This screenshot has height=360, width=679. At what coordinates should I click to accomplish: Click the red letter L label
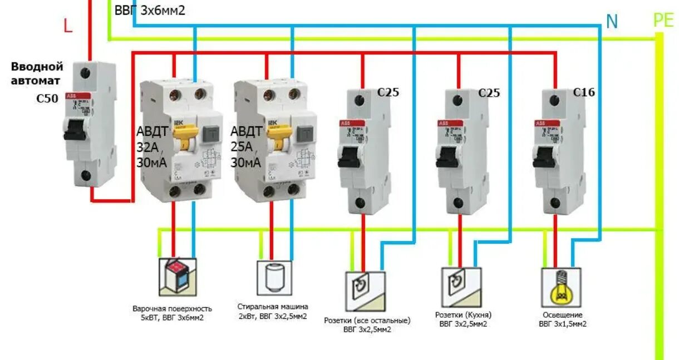[x=68, y=26]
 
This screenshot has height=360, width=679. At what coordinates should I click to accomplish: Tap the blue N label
[x=612, y=22]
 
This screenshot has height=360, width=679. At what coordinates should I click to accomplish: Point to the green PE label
[x=663, y=21]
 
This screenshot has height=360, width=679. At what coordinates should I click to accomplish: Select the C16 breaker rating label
[x=584, y=92]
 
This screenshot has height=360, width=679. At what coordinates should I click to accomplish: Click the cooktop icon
[x=178, y=276]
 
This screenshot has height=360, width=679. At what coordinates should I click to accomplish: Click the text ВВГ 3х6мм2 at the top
[x=149, y=11]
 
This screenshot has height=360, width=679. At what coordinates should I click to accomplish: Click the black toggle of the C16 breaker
[x=543, y=159]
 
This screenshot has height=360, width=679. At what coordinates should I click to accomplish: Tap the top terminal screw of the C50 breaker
[x=86, y=73]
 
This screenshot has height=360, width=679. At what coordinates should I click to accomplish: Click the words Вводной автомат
[x=37, y=73]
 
